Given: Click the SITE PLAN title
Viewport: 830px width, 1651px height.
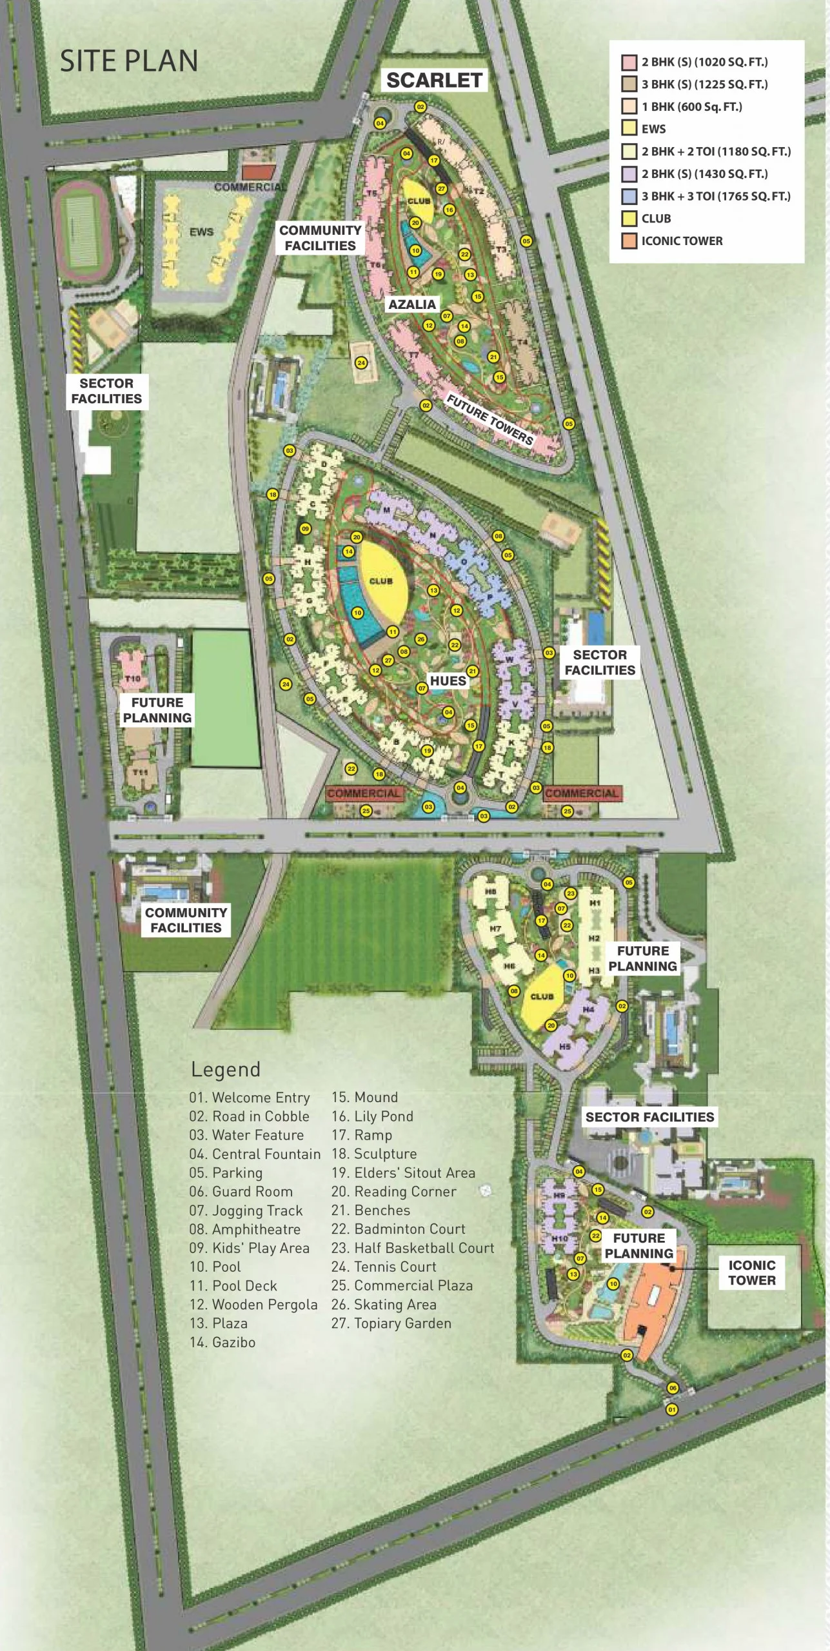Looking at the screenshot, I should (129, 61).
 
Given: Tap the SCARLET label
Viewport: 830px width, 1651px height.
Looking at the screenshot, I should (434, 80).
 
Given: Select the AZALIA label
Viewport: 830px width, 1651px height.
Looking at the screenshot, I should (412, 304).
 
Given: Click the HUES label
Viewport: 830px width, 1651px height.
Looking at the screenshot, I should (448, 681).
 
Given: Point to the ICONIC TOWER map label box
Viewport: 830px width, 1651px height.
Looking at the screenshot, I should (751, 1272).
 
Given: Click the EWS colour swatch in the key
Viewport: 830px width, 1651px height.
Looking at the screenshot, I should (629, 128).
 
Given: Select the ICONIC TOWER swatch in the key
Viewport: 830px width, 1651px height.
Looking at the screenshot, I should (629, 241).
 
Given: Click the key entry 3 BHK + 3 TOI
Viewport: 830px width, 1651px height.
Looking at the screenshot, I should (715, 196).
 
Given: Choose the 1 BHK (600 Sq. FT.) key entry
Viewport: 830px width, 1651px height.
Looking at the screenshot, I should (691, 106).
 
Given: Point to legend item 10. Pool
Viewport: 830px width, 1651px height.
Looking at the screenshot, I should (215, 1267).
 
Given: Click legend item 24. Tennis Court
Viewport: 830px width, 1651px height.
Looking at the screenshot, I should (384, 1267).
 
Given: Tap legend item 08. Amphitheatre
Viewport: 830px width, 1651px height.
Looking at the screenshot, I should (245, 1229).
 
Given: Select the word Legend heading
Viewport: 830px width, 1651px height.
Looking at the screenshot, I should (226, 1070).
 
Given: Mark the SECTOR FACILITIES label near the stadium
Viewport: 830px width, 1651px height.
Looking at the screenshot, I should (106, 391).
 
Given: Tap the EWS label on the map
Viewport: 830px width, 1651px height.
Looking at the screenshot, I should (201, 232).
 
